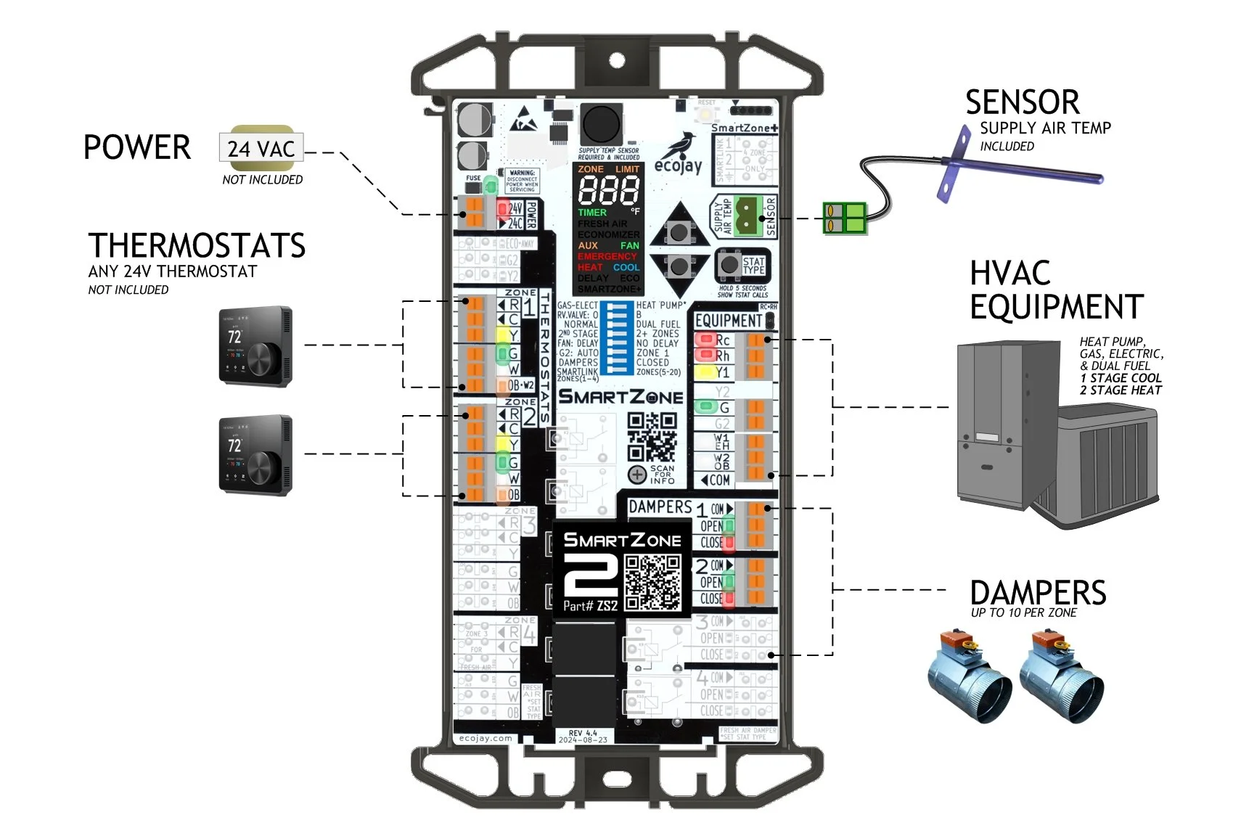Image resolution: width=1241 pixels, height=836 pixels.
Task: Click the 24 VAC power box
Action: click(x=261, y=149)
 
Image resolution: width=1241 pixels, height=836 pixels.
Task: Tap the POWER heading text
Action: click(x=137, y=147)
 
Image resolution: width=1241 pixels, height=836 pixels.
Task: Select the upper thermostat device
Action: click(x=255, y=346)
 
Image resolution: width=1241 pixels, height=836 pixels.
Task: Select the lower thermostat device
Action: click(x=255, y=455)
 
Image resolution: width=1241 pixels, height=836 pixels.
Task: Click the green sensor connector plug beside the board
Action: click(x=845, y=218)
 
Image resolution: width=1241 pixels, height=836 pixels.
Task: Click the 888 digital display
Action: click(x=608, y=191)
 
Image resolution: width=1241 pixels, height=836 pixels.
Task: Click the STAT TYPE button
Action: click(x=728, y=266)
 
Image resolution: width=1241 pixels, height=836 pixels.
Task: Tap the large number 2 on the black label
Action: click(x=590, y=576)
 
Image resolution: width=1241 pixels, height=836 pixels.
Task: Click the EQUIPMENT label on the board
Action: click(x=728, y=321)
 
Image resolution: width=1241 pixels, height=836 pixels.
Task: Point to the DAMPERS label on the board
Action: click(x=660, y=507)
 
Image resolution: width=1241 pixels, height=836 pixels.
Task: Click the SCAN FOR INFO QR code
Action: click(x=651, y=438)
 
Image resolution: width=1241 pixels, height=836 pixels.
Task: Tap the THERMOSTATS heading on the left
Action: click(x=197, y=246)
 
